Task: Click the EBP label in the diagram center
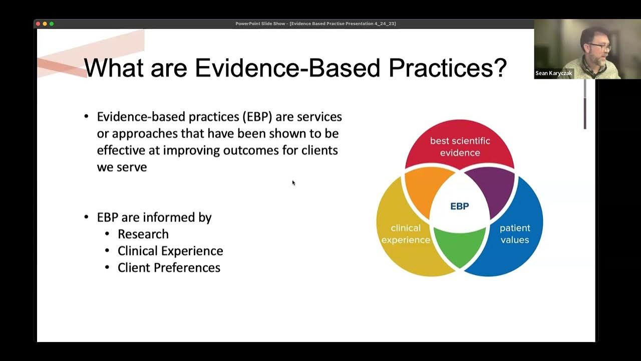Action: point(459,206)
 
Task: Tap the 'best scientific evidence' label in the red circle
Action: point(460,146)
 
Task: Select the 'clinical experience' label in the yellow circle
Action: point(406,234)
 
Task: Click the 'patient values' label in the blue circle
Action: point(514,234)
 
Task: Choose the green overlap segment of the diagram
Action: point(459,246)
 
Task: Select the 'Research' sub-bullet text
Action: point(143,234)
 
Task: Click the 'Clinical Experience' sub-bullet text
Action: point(170,251)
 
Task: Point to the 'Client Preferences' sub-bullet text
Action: point(169,268)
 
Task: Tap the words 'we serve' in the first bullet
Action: point(122,167)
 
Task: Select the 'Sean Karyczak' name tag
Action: point(553,73)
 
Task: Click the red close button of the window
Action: point(38,24)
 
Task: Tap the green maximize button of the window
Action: point(52,24)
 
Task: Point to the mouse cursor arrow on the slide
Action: point(293,183)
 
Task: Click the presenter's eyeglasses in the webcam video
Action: point(599,46)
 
